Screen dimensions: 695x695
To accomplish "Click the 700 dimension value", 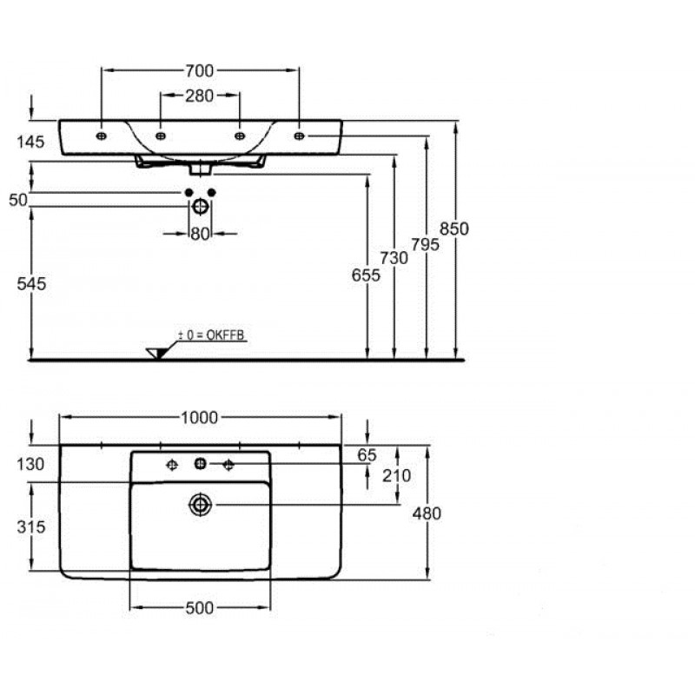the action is [200, 71].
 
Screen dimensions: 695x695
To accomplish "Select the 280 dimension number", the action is [200, 96].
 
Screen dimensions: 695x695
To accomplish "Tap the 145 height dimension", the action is [30, 142].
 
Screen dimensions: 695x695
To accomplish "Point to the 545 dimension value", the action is [31, 284].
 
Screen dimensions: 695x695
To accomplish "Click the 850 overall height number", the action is [454, 228].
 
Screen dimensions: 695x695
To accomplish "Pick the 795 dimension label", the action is [425, 244].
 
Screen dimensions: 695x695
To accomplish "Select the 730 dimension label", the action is [394, 257].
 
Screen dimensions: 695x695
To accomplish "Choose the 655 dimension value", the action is [366, 275].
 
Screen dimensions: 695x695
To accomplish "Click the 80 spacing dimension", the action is [200, 234].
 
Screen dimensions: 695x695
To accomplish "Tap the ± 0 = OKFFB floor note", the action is [211, 335].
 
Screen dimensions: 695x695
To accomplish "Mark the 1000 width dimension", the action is [200, 418].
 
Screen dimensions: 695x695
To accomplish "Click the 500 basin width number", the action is [200, 608].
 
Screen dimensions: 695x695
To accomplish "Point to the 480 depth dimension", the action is [427, 513].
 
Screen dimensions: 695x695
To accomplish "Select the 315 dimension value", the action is [31, 526].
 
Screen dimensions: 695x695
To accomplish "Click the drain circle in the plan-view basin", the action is [201, 505].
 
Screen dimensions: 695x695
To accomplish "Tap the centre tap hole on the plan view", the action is [201, 464].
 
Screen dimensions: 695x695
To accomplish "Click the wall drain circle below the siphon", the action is [201, 206].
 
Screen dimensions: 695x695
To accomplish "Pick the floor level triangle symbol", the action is [157, 353].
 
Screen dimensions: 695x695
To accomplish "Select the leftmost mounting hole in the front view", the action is [102, 136].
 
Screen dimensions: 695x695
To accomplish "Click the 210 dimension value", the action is [397, 475].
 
